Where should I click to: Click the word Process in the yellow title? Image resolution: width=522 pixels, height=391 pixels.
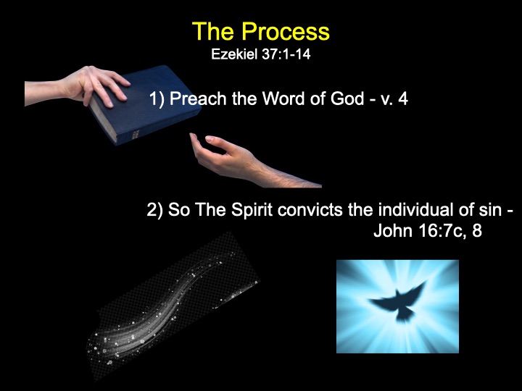tap(286, 32)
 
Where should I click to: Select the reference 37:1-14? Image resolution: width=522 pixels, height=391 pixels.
tap(286, 54)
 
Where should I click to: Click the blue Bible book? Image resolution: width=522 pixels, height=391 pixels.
tap(145, 105)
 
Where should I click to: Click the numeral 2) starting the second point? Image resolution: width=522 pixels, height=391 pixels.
tap(155, 210)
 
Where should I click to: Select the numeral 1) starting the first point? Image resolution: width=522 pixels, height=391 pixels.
tap(157, 99)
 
